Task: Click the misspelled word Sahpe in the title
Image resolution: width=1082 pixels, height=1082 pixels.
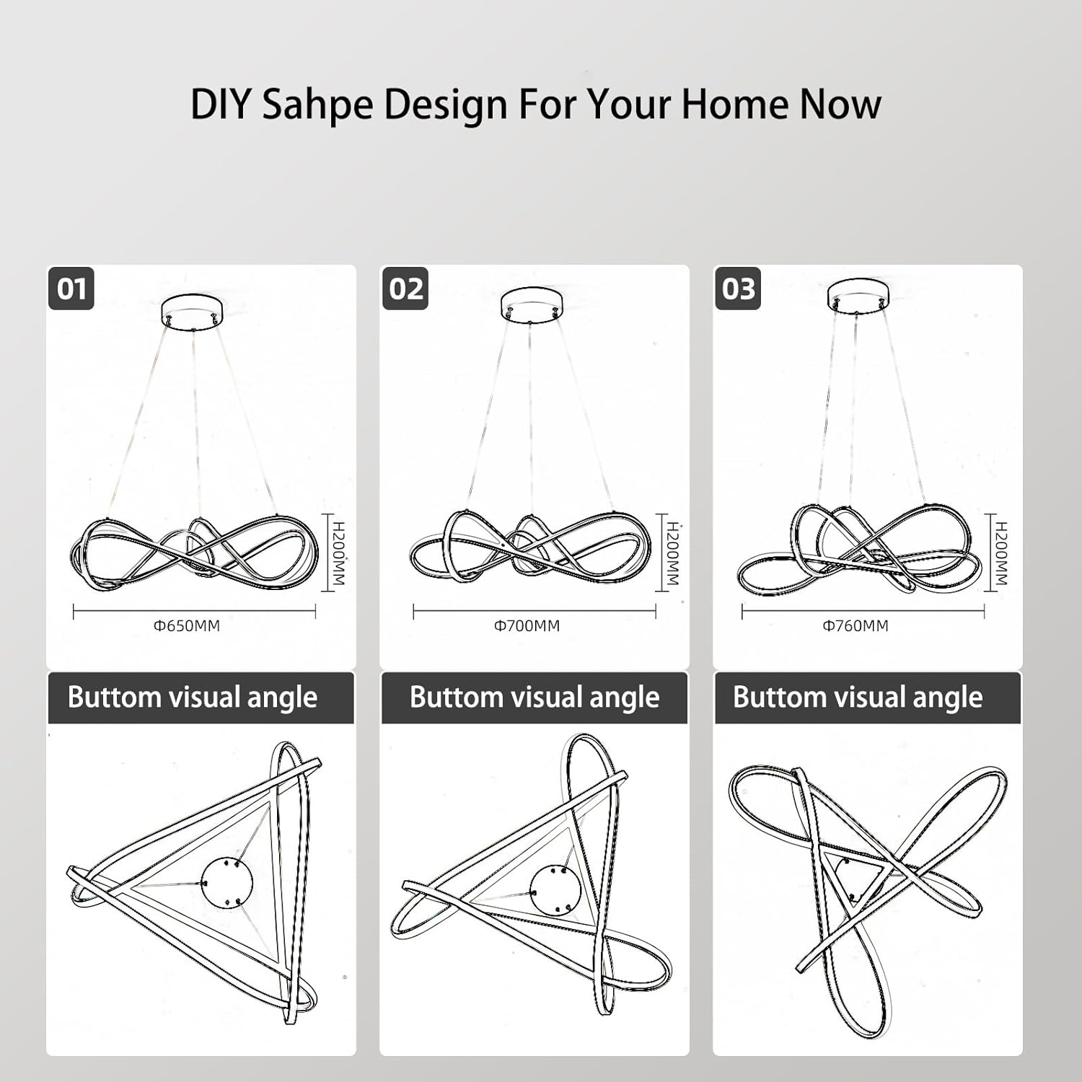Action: click(x=317, y=105)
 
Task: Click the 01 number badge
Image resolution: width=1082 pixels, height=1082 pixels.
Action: click(x=71, y=289)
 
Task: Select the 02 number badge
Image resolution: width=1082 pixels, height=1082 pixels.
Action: click(x=405, y=289)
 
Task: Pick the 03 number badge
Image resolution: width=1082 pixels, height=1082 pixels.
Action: click(x=738, y=289)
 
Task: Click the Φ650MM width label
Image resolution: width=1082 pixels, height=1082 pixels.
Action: click(x=187, y=626)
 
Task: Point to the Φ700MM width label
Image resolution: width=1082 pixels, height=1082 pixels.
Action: click(x=527, y=626)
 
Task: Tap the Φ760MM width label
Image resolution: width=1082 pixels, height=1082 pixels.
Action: click(x=856, y=626)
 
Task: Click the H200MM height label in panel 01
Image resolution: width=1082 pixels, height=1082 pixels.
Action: click(x=339, y=553)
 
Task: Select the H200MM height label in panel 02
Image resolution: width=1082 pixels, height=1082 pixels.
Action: click(x=672, y=553)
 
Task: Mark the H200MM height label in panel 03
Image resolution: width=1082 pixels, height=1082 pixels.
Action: click(x=1001, y=553)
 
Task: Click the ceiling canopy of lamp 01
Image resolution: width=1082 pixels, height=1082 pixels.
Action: click(x=193, y=310)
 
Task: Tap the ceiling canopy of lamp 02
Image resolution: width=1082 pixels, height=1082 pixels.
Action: click(x=532, y=304)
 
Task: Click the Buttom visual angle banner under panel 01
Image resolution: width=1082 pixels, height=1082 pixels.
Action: click(x=201, y=698)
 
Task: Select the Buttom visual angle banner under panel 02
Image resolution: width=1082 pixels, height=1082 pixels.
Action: click(x=535, y=698)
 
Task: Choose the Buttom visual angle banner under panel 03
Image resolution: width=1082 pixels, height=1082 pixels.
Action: click(x=868, y=698)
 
